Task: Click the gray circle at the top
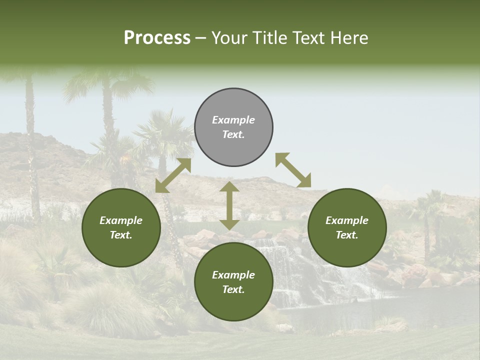233,127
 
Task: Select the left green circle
121,227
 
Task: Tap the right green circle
347,227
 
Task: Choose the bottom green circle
233,282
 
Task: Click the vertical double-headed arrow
229,205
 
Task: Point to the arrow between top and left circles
173,175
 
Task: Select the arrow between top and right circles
293,170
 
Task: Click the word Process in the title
157,37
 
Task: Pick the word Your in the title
230,37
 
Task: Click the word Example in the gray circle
233,120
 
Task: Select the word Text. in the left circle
121,235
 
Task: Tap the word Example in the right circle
347,220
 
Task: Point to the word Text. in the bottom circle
233,289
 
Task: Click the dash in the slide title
201,38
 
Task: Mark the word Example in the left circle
121,220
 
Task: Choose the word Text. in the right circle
347,235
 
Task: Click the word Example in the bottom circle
233,275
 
